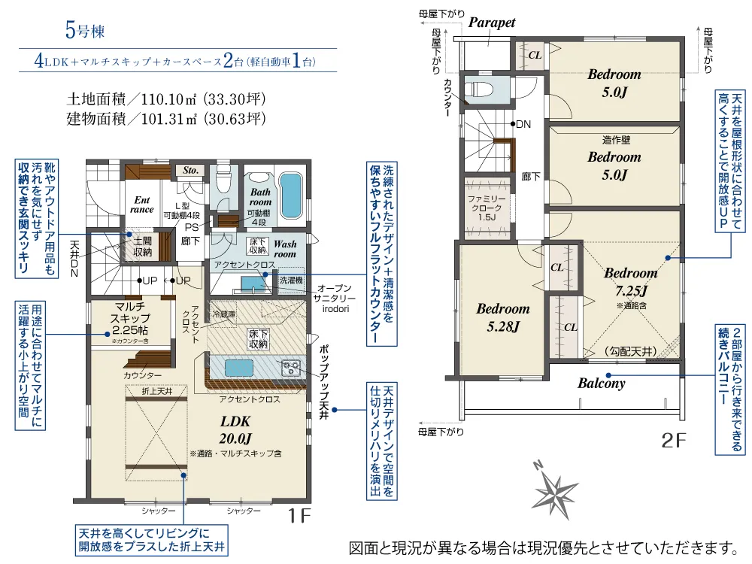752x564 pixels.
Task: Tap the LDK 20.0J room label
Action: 235,429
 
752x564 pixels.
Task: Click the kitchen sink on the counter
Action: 240,368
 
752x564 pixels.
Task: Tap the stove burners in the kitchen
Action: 291,368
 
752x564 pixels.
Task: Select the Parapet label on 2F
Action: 492,23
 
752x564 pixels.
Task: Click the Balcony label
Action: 601,383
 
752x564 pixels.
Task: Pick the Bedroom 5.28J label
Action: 502,317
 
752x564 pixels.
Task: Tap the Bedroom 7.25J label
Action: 629,281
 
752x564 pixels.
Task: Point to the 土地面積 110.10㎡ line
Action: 165,99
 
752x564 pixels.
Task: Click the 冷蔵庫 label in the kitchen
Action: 224,314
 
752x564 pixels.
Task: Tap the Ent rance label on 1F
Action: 142,205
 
